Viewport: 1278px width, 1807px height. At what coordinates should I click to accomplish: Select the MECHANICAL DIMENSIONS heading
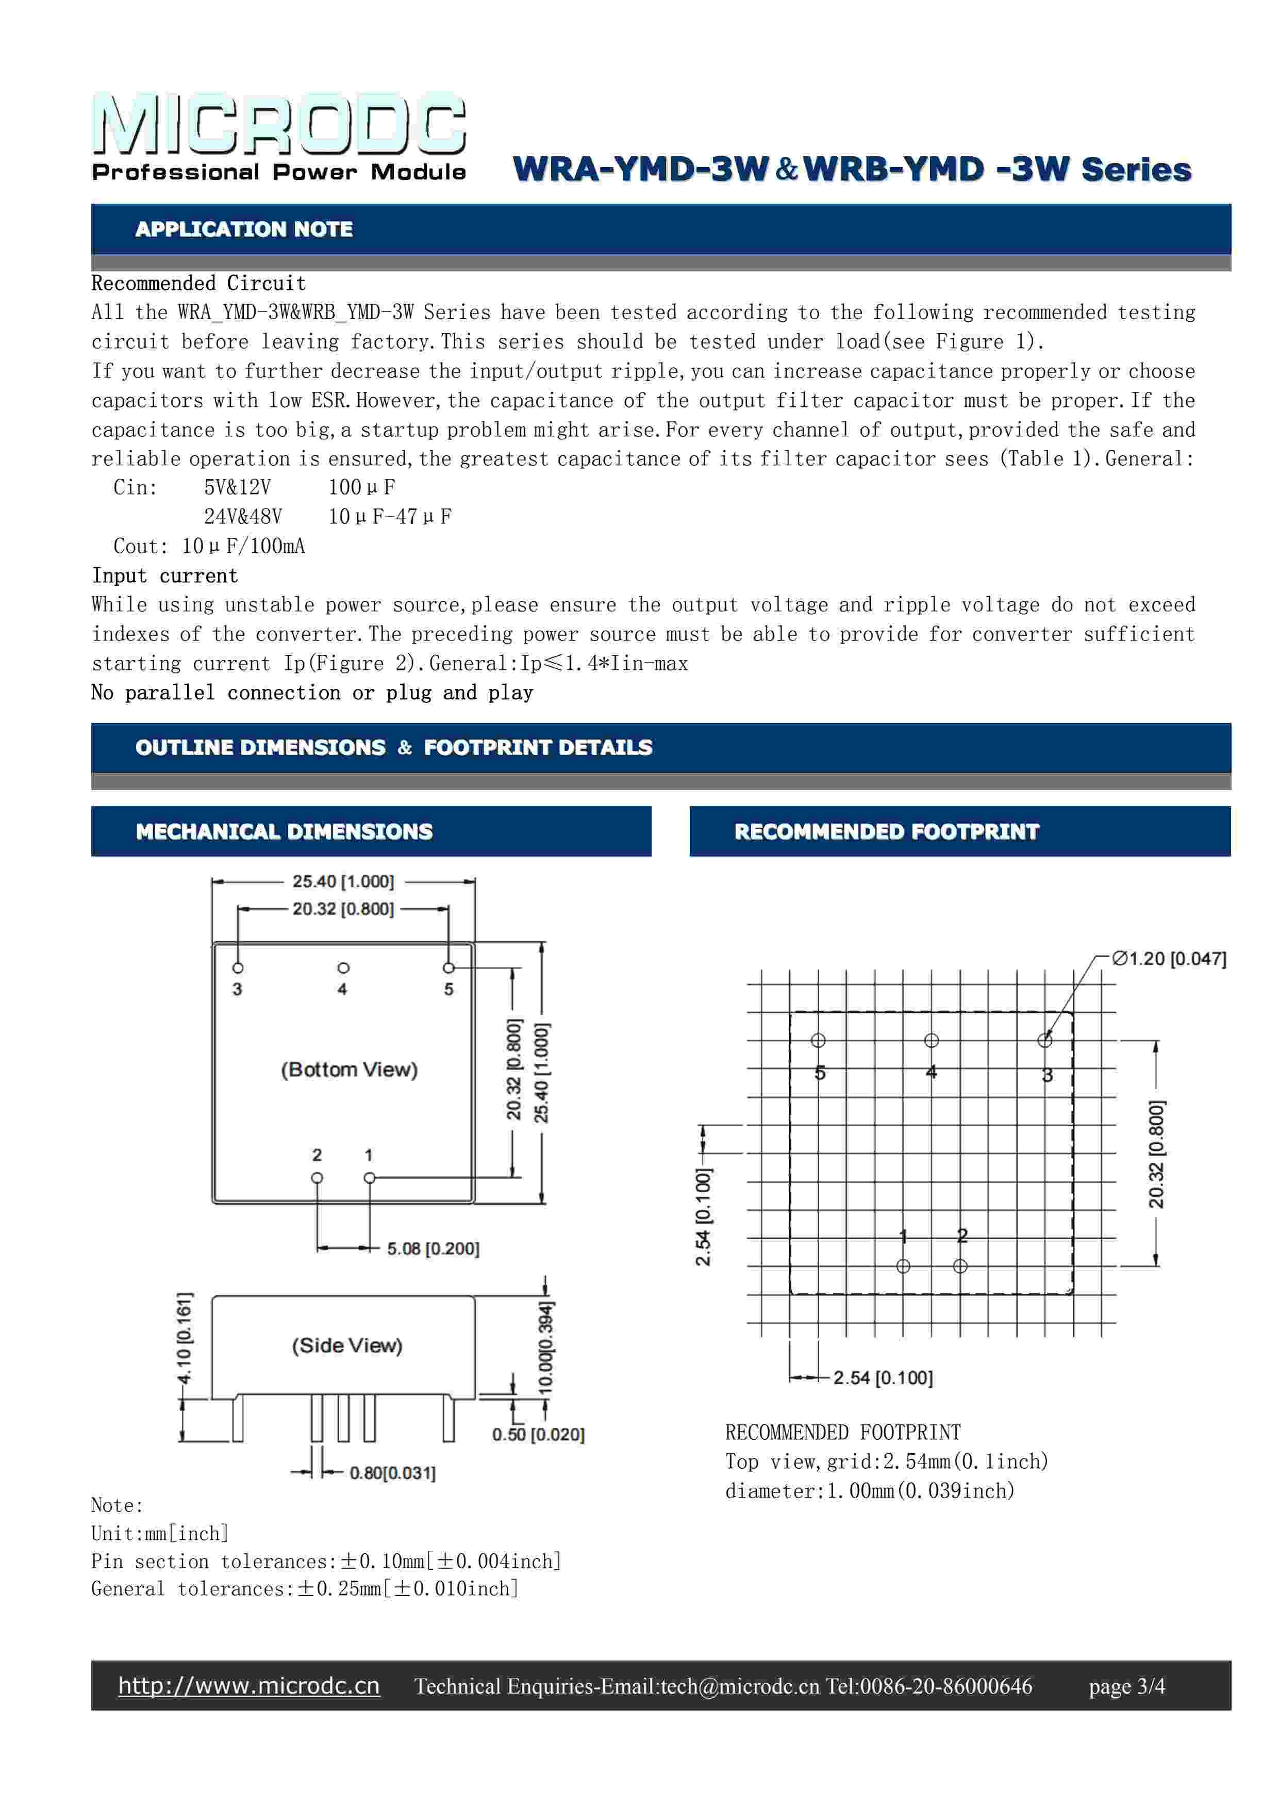point(284,831)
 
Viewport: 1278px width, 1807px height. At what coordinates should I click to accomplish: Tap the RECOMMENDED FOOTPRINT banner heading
point(886,831)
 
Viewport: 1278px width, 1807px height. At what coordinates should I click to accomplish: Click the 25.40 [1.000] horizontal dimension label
point(343,881)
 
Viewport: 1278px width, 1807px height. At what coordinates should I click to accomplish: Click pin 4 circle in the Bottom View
point(343,968)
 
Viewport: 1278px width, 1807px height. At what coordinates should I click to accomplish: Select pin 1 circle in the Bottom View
point(369,1178)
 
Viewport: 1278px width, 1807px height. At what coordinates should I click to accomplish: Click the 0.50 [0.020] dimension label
point(538,1434)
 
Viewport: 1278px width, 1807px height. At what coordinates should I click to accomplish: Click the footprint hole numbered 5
point(819,1041)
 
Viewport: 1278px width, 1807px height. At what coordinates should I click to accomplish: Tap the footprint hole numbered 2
point(960,1267)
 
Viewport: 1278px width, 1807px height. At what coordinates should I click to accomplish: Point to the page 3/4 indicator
point(1127,1686)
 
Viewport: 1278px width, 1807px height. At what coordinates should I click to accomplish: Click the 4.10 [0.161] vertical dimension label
point(184,1337)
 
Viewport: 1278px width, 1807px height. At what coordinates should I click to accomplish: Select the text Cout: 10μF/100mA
point(209,546)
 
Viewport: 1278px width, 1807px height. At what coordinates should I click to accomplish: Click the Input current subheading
point(164,576)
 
